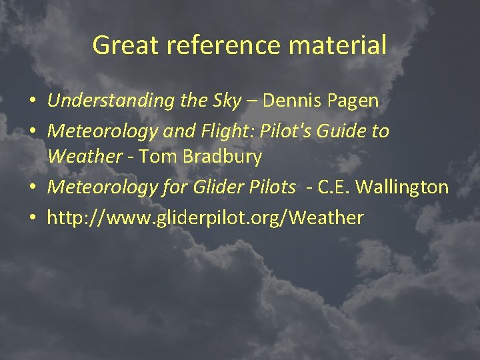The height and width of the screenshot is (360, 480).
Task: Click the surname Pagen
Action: coord(355,101)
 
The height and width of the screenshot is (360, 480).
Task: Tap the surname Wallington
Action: coord(402,187)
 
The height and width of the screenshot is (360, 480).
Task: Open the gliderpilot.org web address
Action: coord(205,217)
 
